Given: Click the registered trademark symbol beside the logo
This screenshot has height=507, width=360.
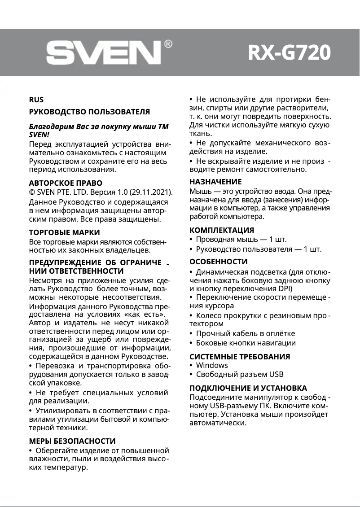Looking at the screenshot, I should [168, 44].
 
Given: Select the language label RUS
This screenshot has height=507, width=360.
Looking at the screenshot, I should [36, 100].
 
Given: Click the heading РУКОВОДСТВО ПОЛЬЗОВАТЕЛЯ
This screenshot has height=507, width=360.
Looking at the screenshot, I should [89, 111].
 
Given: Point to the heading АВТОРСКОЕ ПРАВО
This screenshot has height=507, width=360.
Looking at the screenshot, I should [66, 183].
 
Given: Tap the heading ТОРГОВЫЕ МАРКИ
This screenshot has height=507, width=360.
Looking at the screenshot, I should [64, 232].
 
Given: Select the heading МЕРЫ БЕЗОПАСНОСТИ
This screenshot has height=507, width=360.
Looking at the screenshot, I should [72, 441].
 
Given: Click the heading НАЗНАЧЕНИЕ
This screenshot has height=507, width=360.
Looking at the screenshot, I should [215, 182].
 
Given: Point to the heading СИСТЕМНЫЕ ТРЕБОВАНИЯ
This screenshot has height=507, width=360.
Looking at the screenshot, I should [240, 357].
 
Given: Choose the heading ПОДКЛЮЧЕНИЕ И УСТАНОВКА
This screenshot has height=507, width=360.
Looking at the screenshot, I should [248, 388].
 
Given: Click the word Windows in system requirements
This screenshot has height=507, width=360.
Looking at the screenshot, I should [212, 365].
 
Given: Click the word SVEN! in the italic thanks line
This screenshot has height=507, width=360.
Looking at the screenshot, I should [39, 134].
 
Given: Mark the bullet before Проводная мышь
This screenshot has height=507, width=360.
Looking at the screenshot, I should [191, 240].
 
